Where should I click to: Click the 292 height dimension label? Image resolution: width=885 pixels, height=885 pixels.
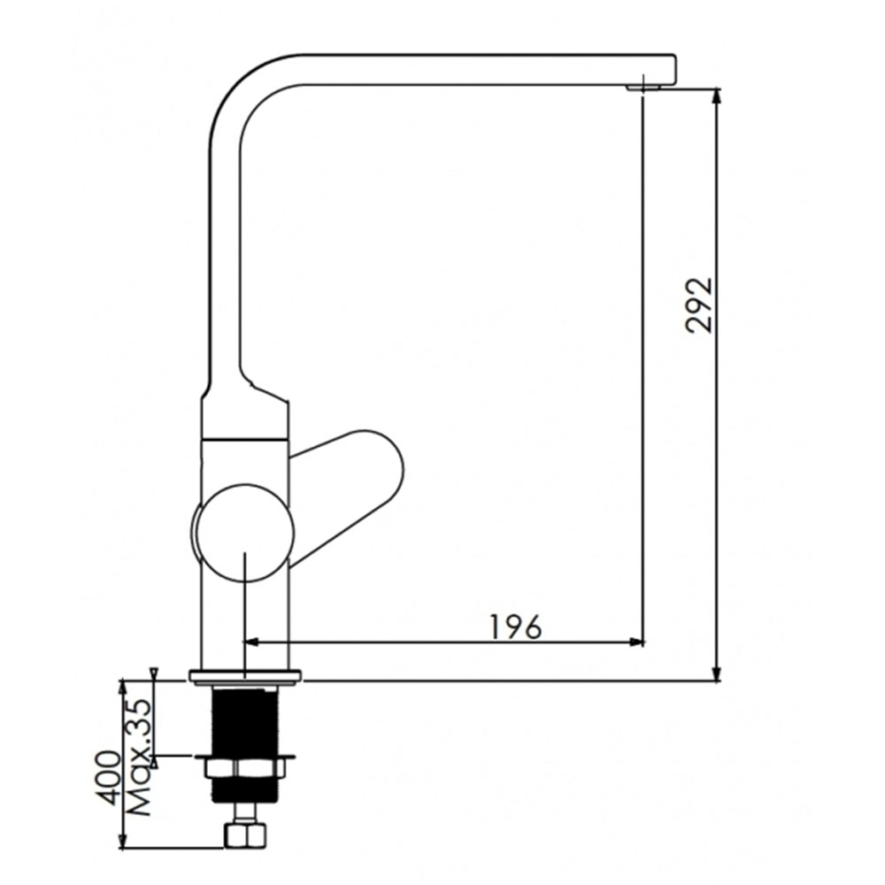click(699, 304)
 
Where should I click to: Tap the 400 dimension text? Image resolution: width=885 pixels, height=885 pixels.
click(108, 778)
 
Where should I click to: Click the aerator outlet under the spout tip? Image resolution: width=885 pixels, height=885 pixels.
click(643, 88)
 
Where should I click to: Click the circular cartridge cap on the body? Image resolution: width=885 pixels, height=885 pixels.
click(244, 532)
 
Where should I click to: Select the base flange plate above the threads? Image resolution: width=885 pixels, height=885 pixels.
click(245, 677)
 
